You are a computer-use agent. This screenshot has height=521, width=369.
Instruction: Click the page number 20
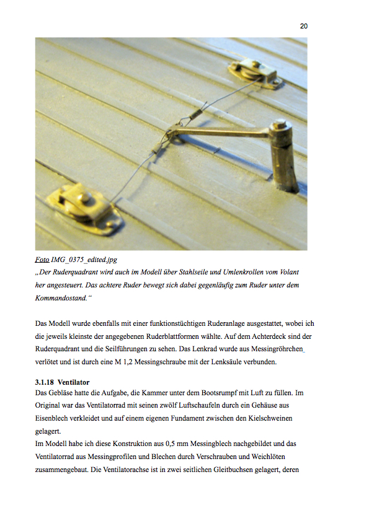pyautogui.click(x=303, y=26)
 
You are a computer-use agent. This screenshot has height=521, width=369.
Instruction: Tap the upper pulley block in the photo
pyautogui.click(x=256, y=74)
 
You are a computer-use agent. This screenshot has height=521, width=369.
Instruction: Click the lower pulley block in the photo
pyautogui.click(x=85, y=209)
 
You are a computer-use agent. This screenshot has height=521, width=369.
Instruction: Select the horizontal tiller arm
pyautogui.click(x=221, y=133)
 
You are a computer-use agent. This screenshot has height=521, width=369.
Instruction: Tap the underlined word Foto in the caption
pyautogui.click(x=42, y=260)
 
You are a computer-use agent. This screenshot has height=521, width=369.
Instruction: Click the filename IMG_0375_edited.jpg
pyautogui.click(x=84, y=260)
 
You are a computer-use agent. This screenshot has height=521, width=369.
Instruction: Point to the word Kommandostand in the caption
pyautogui.click(x=61, y=298)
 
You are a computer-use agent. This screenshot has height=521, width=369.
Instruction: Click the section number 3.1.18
pyautogui.click(x=44, y=382)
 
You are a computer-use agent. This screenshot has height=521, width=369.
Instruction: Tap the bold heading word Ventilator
pyautogui.click(x=74, y=382)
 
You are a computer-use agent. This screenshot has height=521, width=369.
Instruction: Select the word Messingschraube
pyautogui.click(x=160, y=362)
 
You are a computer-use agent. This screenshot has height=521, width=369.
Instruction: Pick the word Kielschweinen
pyautogui.click(x=270, y=418)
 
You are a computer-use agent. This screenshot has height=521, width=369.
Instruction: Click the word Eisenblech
pyautogui.click(x=51, y=418)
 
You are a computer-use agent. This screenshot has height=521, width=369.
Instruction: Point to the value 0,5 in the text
pyautogui.click(x=170, y=444)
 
